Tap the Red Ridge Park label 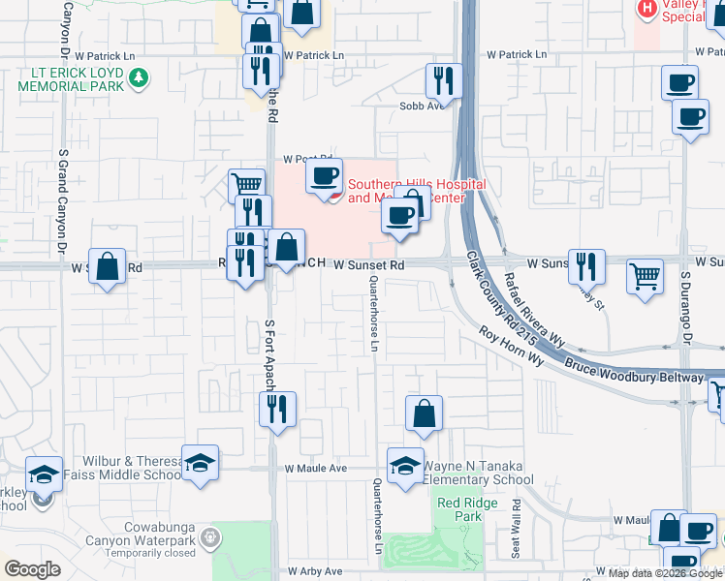coord(459,509)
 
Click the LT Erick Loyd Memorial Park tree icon coord(139,77)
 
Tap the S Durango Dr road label coord(686,300)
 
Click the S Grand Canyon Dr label coord(63,194)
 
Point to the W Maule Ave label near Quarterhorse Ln coord(316,468)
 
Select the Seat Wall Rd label coord(517,528)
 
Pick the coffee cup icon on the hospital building coord(324,176)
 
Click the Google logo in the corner coord(32,569)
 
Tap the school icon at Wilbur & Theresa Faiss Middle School coord(200,462)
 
